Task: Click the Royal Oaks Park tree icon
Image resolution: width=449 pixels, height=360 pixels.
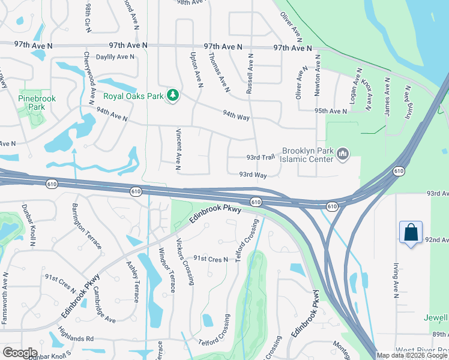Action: coord(173,95)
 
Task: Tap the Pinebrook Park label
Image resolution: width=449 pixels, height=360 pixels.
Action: coord(31,102)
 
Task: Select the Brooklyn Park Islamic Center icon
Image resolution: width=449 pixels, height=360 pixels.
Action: coord(343,154)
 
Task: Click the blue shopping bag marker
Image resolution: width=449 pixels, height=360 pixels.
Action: coord(411,233)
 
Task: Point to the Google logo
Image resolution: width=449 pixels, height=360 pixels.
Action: coord(20,353)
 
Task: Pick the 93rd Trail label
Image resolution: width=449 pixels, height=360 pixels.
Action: coord(261,157)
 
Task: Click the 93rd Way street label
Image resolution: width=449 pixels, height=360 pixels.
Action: coord(253,175)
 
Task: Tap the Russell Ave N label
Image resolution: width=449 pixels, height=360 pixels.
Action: coord(250,74)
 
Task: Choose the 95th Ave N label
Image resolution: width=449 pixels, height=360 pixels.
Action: coord(330,111)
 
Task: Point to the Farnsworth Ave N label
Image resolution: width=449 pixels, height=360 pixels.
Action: coord(5,298)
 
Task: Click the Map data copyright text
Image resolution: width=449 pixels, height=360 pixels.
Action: coord(411,355)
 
